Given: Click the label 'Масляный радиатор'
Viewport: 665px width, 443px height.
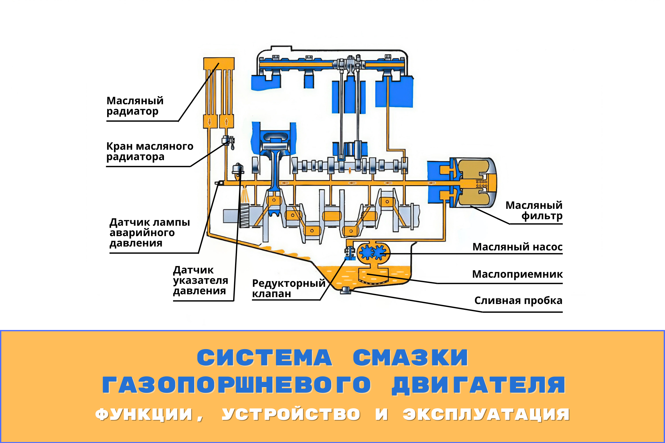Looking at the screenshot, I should tap(135, 106).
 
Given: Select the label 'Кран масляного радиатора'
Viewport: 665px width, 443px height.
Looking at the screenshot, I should tap(149, 151).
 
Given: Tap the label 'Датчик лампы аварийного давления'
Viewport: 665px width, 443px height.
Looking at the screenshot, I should tap(149, 233).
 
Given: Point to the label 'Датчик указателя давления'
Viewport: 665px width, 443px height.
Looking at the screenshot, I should tap(200, 280).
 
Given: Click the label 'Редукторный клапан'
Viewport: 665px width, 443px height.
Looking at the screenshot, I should tap(288, 288).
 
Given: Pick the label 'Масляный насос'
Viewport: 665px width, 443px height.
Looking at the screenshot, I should tap(517, 247).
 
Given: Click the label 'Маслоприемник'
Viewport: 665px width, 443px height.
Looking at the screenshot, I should tap(517, 274).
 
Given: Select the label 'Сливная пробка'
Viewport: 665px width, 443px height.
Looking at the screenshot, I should tap(518, 300).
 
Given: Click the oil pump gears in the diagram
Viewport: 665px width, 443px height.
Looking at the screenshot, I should tap(373, 252).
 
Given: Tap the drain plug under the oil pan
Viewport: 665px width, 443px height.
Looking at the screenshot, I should tap(345, 291).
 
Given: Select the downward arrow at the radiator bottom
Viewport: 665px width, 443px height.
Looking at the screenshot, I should tap(210, 122).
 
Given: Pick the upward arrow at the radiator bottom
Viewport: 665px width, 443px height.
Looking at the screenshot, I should tap(227, 122).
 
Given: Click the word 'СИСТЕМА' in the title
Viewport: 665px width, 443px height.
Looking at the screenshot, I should tap(265, 358).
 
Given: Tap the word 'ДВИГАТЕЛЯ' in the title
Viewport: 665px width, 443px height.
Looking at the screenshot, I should tap(479, 386).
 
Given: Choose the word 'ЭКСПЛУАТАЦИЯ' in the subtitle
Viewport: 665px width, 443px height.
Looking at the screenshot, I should tap(486, 415).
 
